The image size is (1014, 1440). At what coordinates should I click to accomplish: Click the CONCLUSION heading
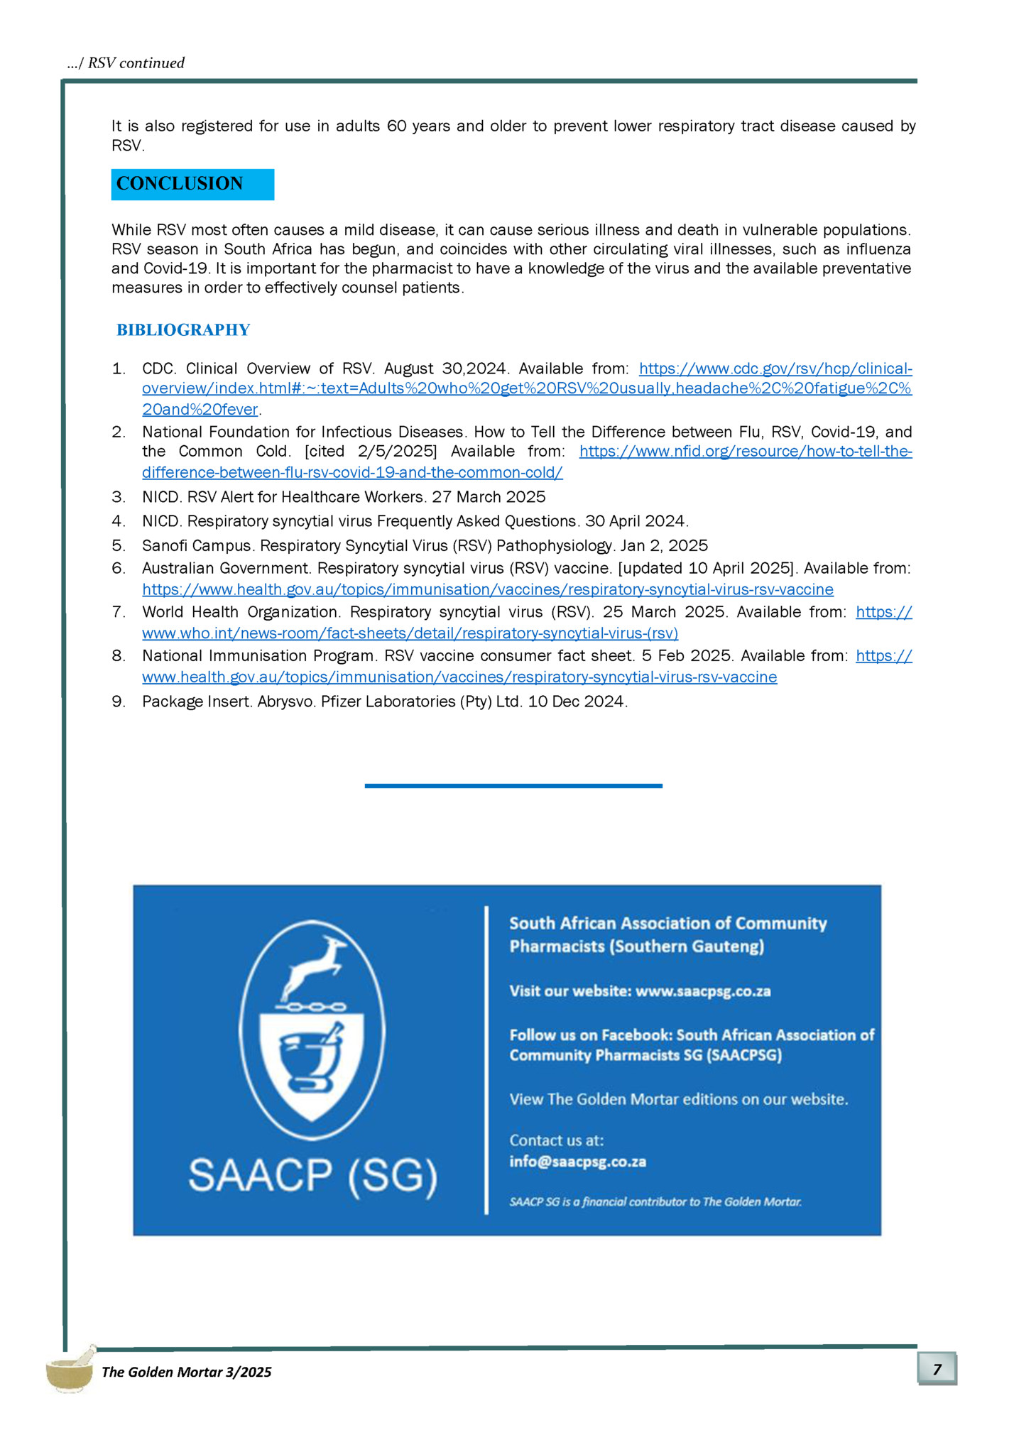click(x=180, y=184)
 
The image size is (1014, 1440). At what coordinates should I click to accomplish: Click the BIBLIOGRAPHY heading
click(x=183, y=330)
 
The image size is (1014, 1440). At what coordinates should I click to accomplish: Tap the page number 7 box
click(x=937, y=1369)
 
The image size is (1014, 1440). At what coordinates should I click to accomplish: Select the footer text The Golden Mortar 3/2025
click(x=186, y=1372)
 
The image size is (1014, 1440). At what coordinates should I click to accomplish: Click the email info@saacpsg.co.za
click(x=577, y=1162)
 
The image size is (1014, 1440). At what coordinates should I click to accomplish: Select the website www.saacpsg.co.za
click(x=702, y=991)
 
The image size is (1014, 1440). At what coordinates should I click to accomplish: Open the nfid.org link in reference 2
click(x=746, y=452)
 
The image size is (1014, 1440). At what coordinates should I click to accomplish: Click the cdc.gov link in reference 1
click(x=775, y=369)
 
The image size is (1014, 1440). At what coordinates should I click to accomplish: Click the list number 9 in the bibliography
click(x=119, y=702)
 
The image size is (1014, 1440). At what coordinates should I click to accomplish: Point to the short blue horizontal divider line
click(x=513, y=786)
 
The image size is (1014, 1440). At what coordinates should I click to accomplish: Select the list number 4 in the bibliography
click(x=119, y=521)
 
